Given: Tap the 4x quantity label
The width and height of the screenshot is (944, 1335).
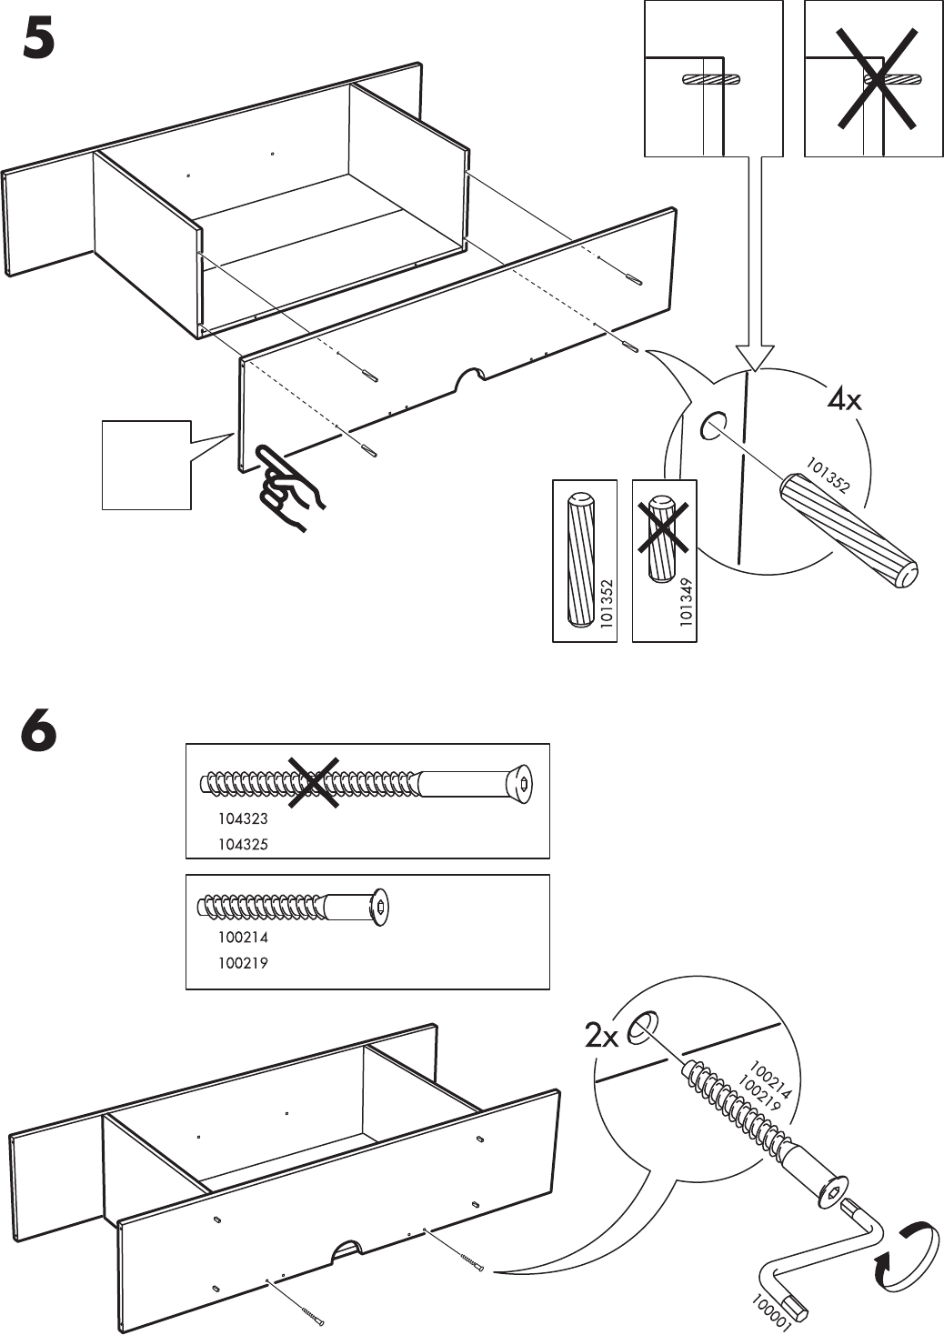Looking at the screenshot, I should (x=844, y=399).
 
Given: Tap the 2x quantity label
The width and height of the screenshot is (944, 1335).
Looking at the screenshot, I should (x=601, y=1036).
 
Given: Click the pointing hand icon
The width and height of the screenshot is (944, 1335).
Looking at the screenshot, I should (x=289, y=487).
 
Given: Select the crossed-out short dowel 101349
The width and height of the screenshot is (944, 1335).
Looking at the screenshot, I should (x=665, y=540).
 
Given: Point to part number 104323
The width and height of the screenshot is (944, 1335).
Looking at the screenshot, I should (x=243, y=818).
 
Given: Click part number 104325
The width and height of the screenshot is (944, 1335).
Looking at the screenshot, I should (x=243, y=844).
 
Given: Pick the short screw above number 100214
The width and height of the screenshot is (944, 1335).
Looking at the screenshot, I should (x=296, y=907).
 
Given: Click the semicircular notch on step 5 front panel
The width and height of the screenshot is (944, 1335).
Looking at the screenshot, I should (x=469, y=377).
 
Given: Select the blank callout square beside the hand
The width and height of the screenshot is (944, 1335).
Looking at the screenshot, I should (x=146, y=465).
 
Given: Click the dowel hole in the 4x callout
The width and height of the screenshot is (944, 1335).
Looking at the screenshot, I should (x=712, y=425).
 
